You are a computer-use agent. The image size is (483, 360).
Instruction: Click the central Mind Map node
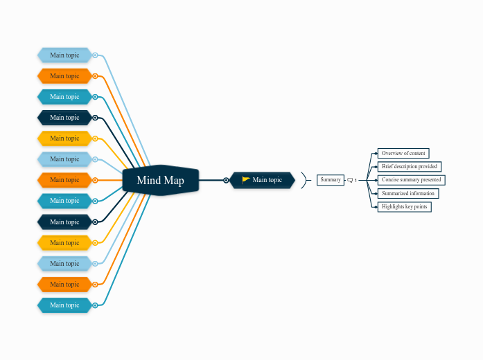point(160,180)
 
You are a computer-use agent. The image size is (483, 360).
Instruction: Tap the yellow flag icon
point(246,180)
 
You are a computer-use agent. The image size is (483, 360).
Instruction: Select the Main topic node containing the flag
point(263,180)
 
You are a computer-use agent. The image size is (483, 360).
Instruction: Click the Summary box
point(331,180)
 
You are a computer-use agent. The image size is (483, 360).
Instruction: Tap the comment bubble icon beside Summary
point(350,180)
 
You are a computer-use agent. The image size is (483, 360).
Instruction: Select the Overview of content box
point(403,153)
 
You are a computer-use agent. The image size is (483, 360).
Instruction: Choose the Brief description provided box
point(409,167)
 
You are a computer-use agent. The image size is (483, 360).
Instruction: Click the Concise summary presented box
point(411,180)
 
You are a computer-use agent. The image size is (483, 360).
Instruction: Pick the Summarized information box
point(407,193)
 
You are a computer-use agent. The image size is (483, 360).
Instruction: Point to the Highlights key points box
point(404,207)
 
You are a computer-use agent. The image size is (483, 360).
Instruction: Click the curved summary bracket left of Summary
point(304,180)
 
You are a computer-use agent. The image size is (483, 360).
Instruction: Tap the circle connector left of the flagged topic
point(226,180)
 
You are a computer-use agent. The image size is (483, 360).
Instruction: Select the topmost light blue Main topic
point(64,55)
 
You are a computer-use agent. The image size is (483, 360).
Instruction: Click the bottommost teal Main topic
point(64,305)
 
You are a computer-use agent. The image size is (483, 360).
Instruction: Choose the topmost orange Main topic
point(64,76)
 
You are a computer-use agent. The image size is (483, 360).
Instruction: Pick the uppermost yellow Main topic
point(64,138)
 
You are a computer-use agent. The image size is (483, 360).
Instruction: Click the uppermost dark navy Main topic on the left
point(64,118)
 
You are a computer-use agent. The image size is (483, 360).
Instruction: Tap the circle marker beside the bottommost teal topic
point(95,305)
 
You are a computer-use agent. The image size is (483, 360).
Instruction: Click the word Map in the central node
point(173,180)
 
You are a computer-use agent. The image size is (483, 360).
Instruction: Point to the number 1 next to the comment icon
point(356,181)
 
